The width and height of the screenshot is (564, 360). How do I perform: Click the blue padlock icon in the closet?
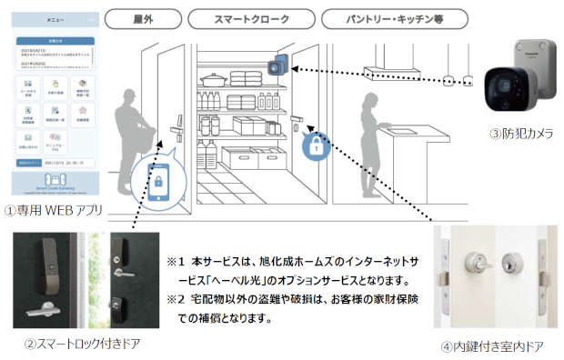316,146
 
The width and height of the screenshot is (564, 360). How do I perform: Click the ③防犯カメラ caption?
521,134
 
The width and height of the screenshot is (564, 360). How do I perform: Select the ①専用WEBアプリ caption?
51,211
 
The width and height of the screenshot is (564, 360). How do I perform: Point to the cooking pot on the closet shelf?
214,79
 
